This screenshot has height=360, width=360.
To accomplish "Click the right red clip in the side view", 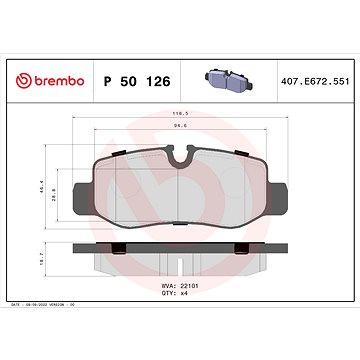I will click(x=243, y=248).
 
